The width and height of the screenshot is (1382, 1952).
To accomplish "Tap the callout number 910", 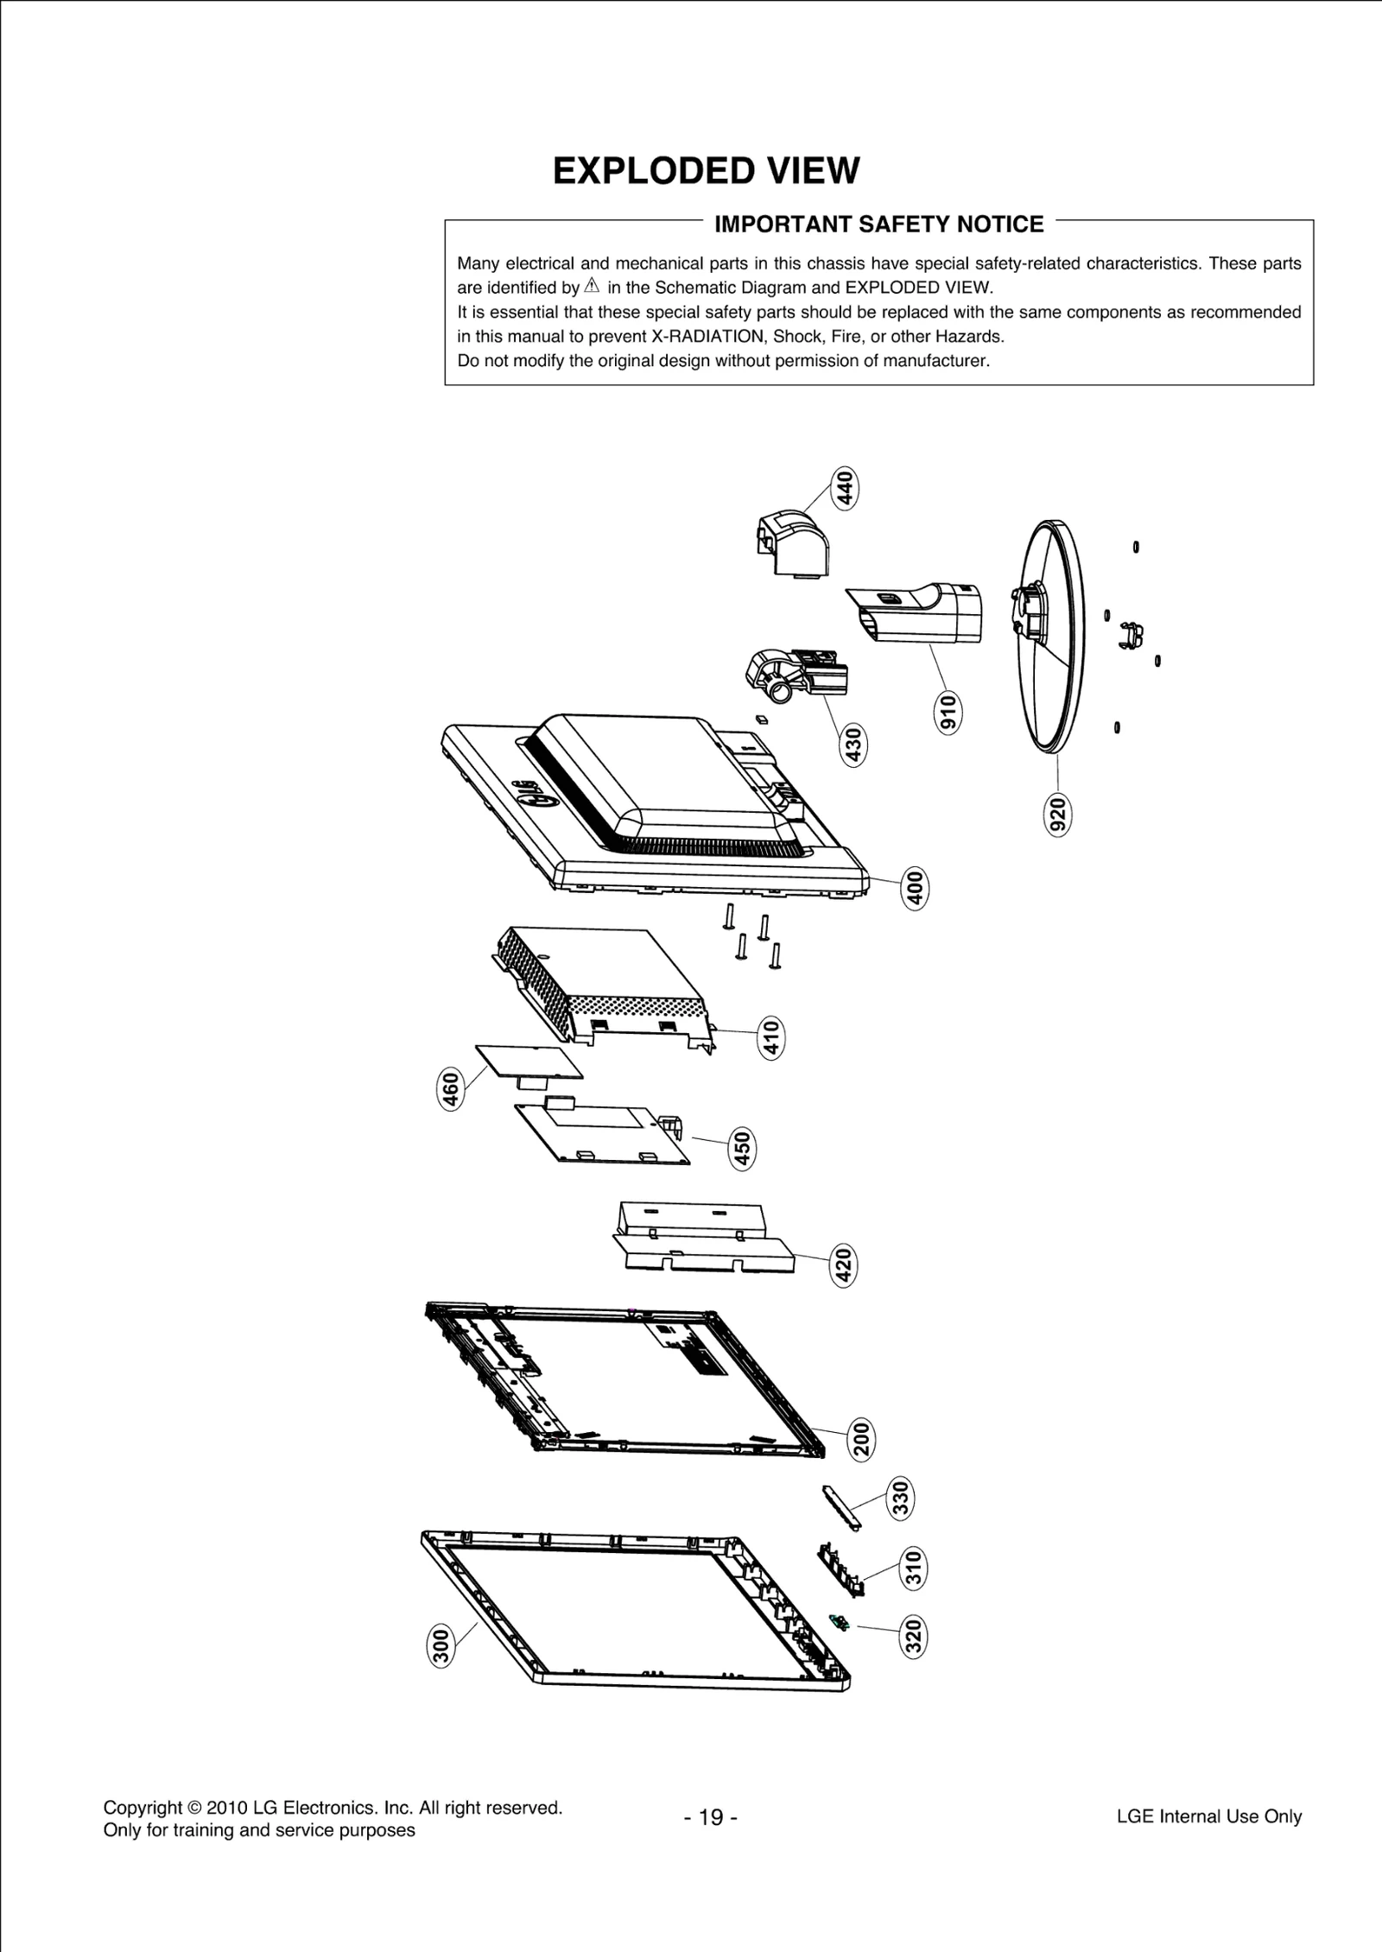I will point(948,712).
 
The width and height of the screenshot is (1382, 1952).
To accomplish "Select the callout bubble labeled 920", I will point(1058,814).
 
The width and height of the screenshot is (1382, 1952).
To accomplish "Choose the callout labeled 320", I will point(913,1637).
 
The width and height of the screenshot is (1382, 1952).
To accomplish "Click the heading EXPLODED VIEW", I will point(706,171).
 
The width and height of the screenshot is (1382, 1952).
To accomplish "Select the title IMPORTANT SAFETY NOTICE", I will point(878,225).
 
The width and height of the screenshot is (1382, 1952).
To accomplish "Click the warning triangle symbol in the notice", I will point(592,286).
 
